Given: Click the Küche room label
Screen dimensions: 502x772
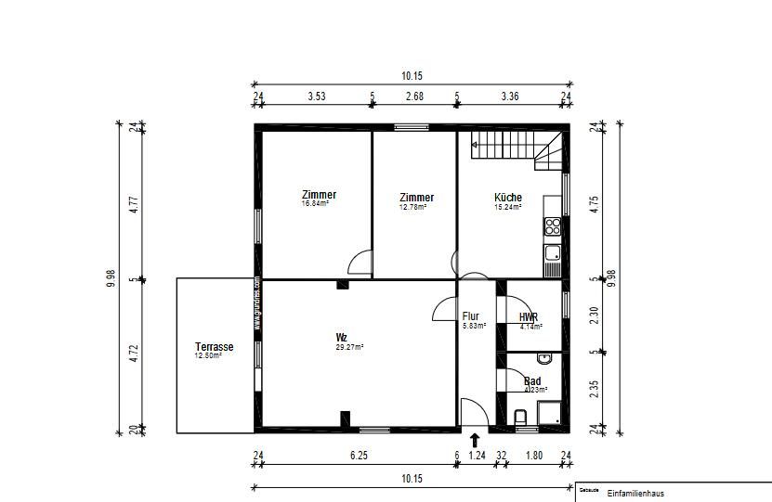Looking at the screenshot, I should coord(507,198).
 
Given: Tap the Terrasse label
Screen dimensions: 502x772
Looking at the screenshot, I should coord(214,347).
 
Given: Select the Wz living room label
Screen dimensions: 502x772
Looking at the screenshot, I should coord(342,337).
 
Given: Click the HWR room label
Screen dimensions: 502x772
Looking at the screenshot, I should coord(529,317).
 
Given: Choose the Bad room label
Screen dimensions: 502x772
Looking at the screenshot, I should coord(532,381).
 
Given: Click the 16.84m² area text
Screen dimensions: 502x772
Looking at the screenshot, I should coord(316,204).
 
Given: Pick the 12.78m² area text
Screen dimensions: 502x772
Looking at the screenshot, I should coord(413,207).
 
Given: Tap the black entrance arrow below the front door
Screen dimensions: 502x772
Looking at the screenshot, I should coord(476,440).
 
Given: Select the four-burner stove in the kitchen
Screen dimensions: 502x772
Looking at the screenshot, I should coord(554,225).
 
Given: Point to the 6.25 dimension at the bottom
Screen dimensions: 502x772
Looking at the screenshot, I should coord(358,455).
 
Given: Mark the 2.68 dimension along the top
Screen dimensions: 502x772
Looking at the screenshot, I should coord(413,95).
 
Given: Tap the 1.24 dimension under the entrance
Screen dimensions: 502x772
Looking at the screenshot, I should coord(478,455).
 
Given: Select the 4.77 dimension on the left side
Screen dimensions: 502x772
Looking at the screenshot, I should coord(134,203).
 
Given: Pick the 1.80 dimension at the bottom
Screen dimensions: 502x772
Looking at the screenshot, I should coord(534,455).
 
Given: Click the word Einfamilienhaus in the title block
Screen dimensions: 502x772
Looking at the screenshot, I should coord(635,494).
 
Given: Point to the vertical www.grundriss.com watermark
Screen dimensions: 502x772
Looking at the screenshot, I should coord(256,303).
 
